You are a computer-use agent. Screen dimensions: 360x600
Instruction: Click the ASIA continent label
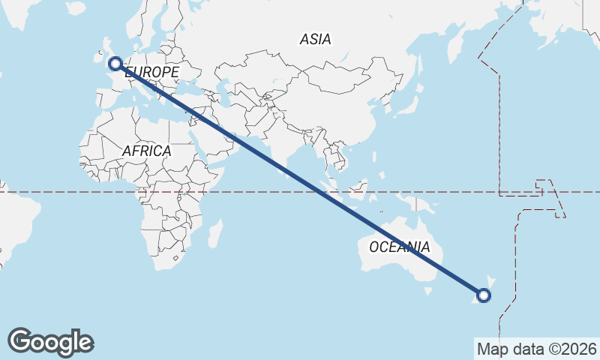point(315,39)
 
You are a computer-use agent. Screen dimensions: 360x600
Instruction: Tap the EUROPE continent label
point(152,72)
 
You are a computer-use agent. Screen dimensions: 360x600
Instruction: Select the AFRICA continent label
point(146,151)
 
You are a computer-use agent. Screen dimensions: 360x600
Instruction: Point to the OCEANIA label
point(400,247)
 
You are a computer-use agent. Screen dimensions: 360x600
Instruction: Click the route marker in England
point(115,63)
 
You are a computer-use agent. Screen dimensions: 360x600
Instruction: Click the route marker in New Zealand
point(484,295)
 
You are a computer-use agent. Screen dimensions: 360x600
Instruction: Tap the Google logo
point(50,342)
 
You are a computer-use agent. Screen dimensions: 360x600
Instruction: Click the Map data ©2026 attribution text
point(536,349)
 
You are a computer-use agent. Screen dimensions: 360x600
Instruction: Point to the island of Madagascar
point(214,233)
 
